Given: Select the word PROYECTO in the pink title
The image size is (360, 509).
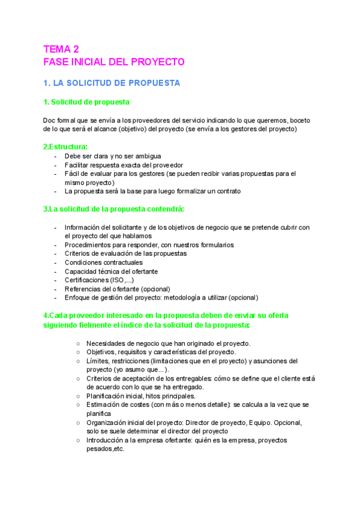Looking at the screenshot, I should tap(155, 62).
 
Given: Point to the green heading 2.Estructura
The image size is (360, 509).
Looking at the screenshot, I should tap(65, 146).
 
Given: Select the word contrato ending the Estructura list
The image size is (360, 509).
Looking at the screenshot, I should tap(226, 191).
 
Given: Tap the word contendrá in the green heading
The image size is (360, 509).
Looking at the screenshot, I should tap(164, 209).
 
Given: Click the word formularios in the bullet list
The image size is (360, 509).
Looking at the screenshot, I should tap(215, 245).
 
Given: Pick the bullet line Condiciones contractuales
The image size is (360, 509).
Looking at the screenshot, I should tap(103, 262).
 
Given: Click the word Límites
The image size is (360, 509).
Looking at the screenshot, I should tap(98, 361).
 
